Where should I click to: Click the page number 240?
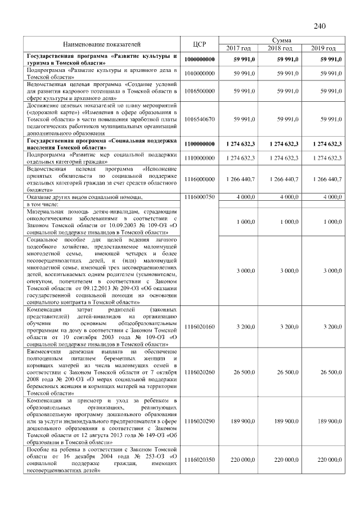[320, 26]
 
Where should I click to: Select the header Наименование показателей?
[102, 44]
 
